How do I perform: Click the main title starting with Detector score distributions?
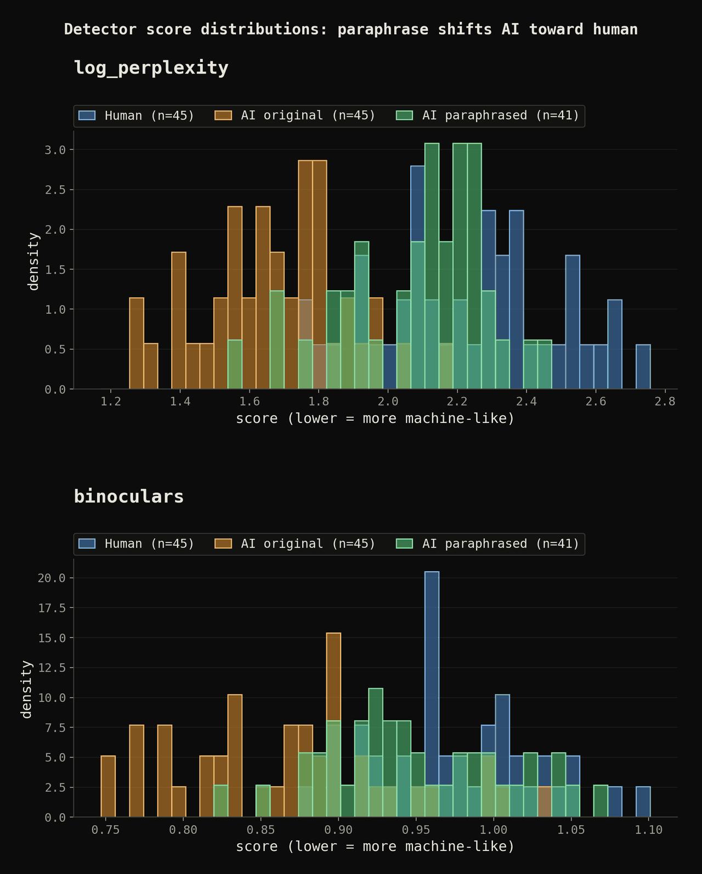coord(351,29)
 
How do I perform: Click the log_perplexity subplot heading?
coord(151,67)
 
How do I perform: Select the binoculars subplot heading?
coord(129,497)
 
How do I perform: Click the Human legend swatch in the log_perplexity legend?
coord(87,115)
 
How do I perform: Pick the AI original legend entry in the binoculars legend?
coord(295,543)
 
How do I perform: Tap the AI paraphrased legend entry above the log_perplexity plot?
coord(488,115)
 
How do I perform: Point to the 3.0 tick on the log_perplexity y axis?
coord(55,150)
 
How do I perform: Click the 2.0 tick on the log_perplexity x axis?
coord(388,402)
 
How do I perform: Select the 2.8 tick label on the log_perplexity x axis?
coord(665,402)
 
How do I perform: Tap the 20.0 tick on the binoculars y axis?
coord(52,578)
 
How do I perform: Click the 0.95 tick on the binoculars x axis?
coord(416,830)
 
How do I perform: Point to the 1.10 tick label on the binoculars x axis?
coord(649,830)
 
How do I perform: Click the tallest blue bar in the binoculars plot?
coord(432,694)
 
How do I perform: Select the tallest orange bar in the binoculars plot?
coord(333,725)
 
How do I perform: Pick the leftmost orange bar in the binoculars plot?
coord(108,786)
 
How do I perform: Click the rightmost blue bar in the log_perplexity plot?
coord(643,366)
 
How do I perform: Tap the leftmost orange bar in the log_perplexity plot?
coord(137,343)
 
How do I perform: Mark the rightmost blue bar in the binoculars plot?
coord(643,802)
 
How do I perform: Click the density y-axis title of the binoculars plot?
coord(26,689)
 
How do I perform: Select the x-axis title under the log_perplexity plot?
coord(375,418)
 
